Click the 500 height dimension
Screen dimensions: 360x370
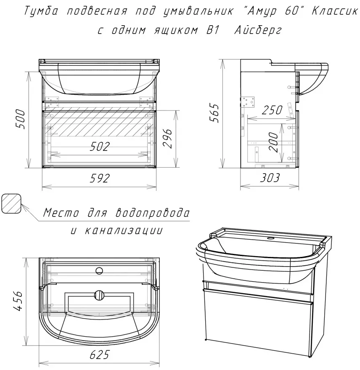coord(21,119)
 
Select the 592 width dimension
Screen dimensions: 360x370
coord(100,178)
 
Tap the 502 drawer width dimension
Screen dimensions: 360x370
coord(100,147)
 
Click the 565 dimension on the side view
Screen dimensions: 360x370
coord(214,113)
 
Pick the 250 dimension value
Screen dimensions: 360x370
coord(272,110)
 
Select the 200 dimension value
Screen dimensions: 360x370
coord(274,142)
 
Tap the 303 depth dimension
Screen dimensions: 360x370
coord(270,178)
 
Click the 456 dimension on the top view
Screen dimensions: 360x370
coord(18,301)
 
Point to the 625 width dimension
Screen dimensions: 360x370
coord(99,355)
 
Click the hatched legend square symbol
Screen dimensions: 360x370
coord(11,203)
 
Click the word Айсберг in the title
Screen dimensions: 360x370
coord(258,30)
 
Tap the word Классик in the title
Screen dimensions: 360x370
coord(334,11)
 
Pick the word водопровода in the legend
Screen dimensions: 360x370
coord(153,213)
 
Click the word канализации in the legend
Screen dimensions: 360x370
coord(123,230)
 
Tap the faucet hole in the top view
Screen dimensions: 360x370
coord(99,271)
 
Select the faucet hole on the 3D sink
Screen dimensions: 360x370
coord(270,238)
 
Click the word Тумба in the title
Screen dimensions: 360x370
coord(41,11)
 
